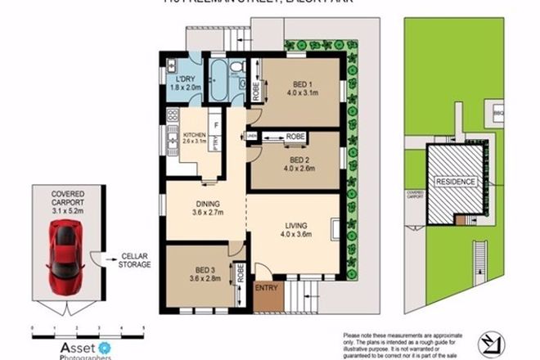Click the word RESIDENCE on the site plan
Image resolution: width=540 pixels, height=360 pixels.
tap(454, 181)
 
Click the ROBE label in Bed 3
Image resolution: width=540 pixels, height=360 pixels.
tap(240, 272)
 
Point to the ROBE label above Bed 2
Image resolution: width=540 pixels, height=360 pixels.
tap(295, 136)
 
